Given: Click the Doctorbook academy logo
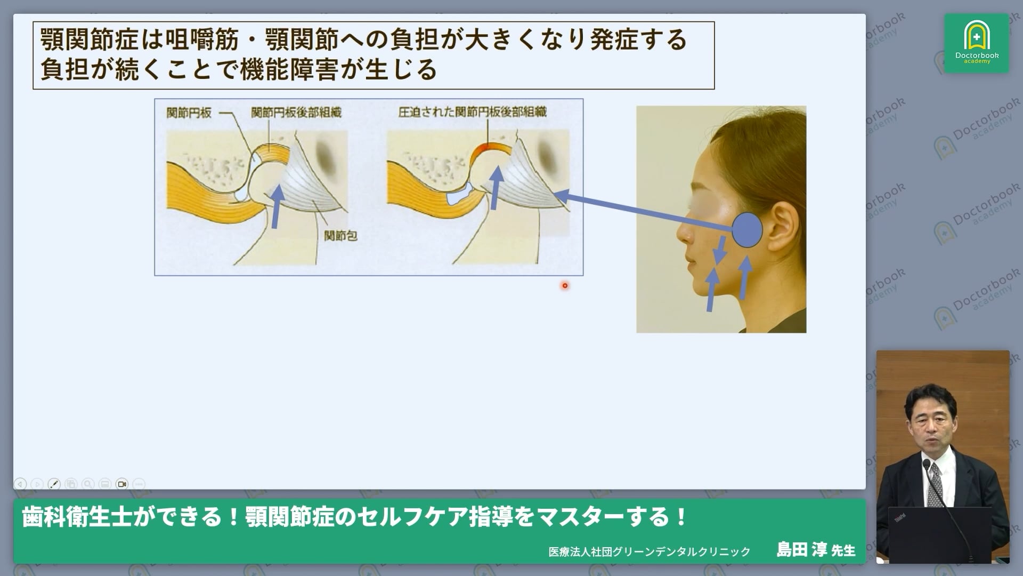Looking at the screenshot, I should pyautogui.click(x=976, y=43).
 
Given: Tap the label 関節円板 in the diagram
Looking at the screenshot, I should pyautogui.click(x=189, y=113).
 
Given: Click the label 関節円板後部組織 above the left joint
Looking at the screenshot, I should pyautogui.click(x=296, y=113).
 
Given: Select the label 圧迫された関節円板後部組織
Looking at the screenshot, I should pyautogui.click(x=472, y=112).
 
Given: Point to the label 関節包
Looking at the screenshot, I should pyautogui.click(x=340, y=235).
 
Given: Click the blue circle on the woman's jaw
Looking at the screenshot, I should pyautogui.click(x=747, y=230).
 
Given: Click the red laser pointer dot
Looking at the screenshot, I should pyautogui.click(x=565, y=286).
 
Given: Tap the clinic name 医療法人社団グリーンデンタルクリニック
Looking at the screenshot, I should pyautogui.click(x=649, y=551).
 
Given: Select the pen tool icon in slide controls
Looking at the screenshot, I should pyautogui.click(x=54, y=484).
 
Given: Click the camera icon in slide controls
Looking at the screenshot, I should pyautogui.click(x=122, y=484).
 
